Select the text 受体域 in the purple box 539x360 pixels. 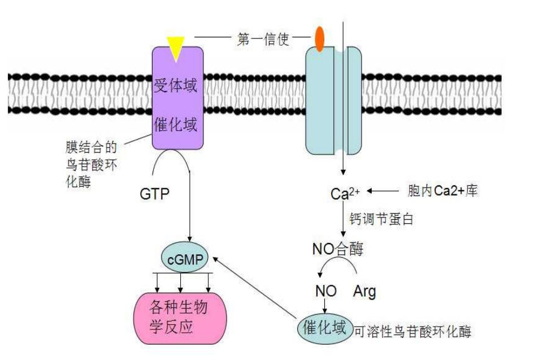(x=176, y=86)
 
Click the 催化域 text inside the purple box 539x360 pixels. (x=176, y=125)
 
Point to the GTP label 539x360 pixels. (x=155, y=194)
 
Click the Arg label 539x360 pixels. (x=364, y=292)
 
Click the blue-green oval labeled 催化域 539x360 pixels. (x=324, y=328)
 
